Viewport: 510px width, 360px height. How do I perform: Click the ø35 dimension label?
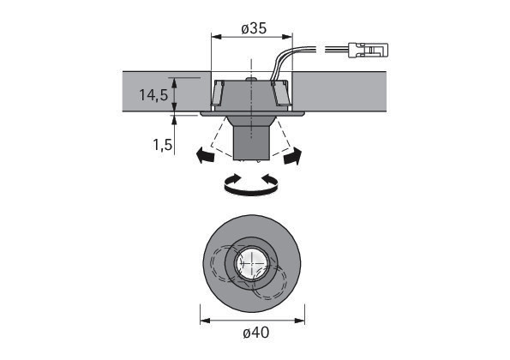(254, 28)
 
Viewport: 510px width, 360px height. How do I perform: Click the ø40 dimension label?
(256, 333)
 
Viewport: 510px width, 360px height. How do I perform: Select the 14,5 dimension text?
(153, 95)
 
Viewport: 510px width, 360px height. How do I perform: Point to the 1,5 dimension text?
(163, 145)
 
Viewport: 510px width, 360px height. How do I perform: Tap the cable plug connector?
(369, 50)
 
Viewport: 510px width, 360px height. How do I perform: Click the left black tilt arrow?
(206, 155)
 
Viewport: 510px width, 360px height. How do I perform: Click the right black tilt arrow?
(293, 155)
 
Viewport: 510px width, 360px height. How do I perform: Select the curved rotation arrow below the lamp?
(251, 185)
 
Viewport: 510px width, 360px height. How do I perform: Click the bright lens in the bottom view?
(251, 263)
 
